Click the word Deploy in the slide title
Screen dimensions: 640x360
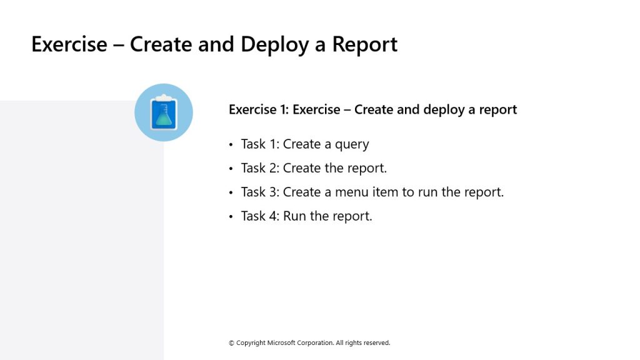click(x=274, y=45)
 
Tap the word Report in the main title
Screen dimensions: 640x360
click(x=364, y=45)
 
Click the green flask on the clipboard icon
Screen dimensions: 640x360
click(x=164, y=116)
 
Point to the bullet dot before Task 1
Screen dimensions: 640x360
click(x=231, y=144)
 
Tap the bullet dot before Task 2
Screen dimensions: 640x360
click(x=231, y=169)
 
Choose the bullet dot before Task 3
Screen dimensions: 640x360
click(x=231, y=192)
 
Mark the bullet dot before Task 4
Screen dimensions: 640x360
click(x=231, y=216)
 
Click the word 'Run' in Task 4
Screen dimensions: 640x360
click(x=294, y=216)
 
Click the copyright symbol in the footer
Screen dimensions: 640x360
click(x=231, y=343)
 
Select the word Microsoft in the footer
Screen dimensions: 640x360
click(x=281, y=343)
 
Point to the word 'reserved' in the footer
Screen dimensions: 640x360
click(x=376, y=343)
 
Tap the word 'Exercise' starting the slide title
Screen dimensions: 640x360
click(x=69, y=45)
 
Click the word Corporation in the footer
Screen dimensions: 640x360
click(x=315, y=343)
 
